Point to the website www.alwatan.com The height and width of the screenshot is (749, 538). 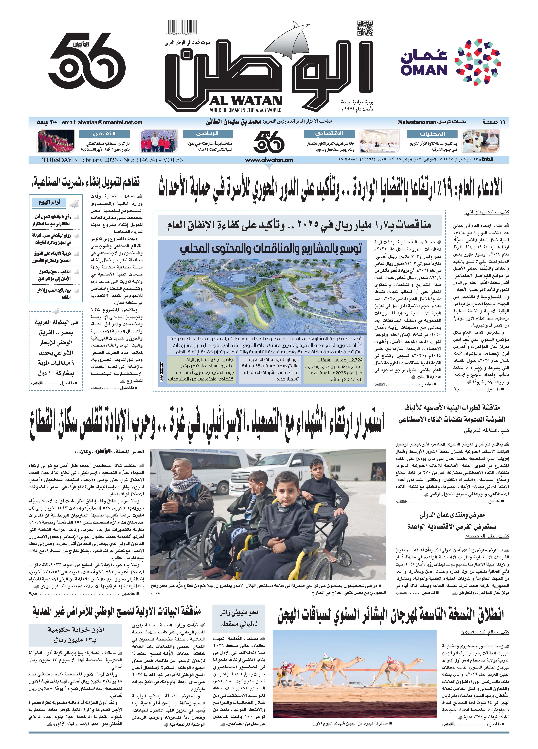point(269,160)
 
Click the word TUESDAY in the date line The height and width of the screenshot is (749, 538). point(57,160)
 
